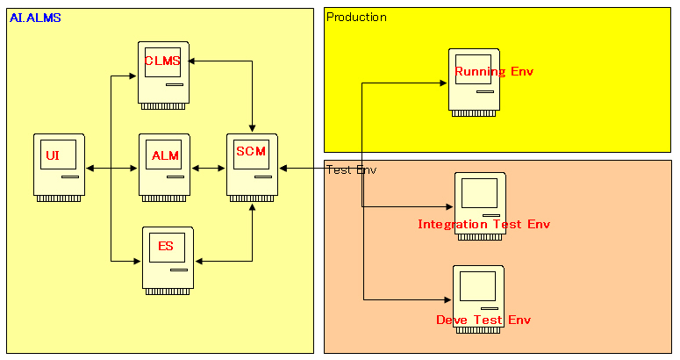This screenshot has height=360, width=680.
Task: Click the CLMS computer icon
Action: click(x=164, y=75)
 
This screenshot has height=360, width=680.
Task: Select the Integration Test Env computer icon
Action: click(x=479, y=198)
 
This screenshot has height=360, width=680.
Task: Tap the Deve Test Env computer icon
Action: click(x=478, y=293)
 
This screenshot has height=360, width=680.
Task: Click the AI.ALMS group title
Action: click(x=35, y=18)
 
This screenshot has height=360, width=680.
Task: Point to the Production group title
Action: click(x=356, y=18)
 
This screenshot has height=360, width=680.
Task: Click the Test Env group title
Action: click(x=351, y=169)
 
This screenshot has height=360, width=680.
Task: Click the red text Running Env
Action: click(x=493, y=71)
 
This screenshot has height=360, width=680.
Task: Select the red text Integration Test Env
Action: click(x=483, y=224)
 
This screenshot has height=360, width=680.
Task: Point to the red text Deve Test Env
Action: click(x=483, y=320)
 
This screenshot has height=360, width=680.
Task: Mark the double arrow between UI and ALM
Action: click(x=111, y=168)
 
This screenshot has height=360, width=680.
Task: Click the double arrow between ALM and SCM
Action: click(x=208, y=168)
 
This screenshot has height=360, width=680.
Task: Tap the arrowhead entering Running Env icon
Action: click(x=444, y=83)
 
